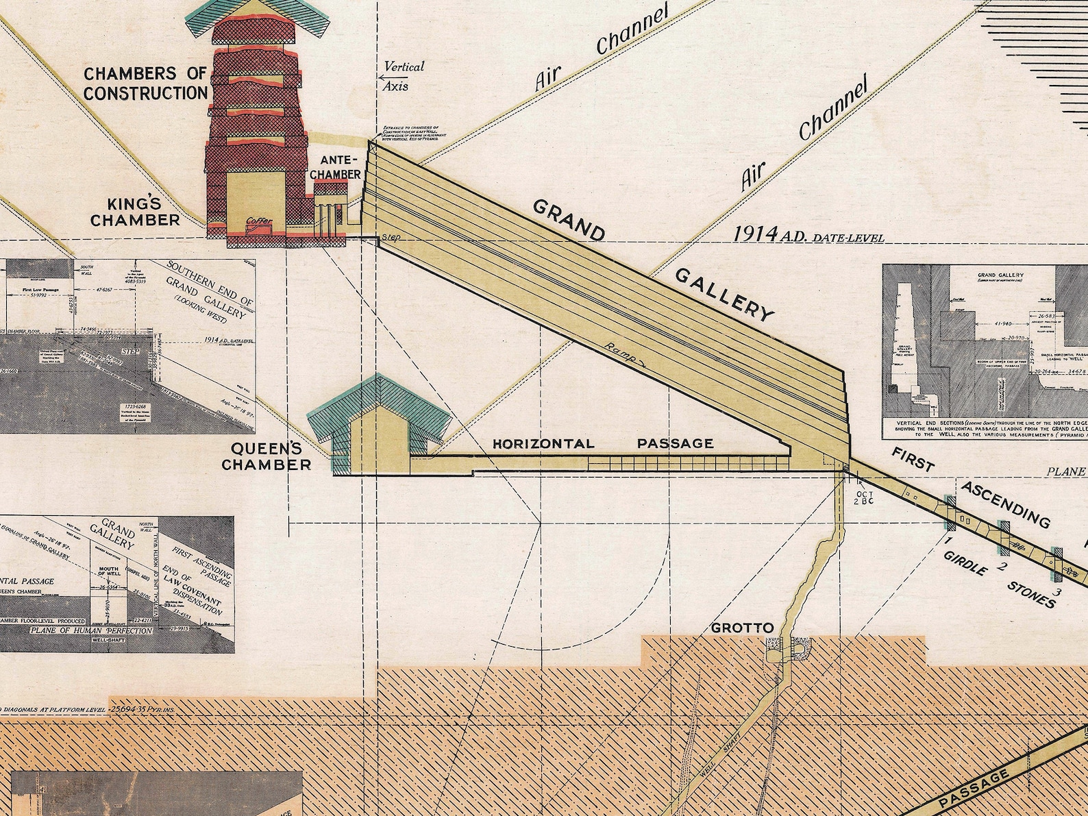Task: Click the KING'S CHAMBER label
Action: click(x=135, y=212)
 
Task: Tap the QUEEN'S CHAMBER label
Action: click(x=271, y=456)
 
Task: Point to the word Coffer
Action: click(x=260, y=222)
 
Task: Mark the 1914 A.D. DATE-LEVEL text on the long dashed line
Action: click(x=808, y=236)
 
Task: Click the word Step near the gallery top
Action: click(x=391, y=237)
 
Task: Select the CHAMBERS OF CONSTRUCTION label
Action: click(x=145, y=83)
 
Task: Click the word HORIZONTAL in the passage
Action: click(x=543, y=443)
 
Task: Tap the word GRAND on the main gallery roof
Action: click(x=568, y=219)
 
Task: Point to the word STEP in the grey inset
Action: click(x=129, y=351)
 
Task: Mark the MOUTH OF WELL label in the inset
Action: click(x=108, y=574)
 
